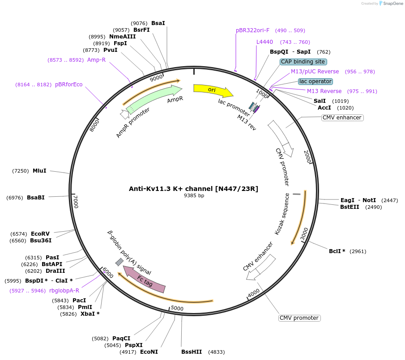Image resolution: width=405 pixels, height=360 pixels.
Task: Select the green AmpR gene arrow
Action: pos(152,98)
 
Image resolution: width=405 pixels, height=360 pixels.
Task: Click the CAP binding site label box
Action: pos(303,62)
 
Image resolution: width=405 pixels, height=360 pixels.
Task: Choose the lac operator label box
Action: pos(315,81)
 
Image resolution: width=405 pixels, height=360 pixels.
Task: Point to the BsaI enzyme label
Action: pos(158,23)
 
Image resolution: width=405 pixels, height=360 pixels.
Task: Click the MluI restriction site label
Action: pos(39,171)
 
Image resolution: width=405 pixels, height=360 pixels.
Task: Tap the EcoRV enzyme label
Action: pos(40,234)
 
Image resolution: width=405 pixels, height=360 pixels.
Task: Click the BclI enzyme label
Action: pos(337,251)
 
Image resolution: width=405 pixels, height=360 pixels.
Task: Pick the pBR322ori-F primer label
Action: pos(253,30)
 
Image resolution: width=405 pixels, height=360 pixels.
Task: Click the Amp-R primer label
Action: pos(96,60)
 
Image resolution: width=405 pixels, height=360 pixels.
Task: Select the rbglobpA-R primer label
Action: pos(64,291)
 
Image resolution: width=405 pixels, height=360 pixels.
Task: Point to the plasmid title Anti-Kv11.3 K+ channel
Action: pos(193,189)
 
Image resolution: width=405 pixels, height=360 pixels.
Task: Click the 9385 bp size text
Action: pos(194,196)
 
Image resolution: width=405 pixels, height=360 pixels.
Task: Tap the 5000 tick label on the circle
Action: pos(177,308)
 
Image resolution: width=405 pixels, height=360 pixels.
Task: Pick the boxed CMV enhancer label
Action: pos(342,118)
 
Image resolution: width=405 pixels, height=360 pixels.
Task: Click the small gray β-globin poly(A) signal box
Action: pos(119,262)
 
